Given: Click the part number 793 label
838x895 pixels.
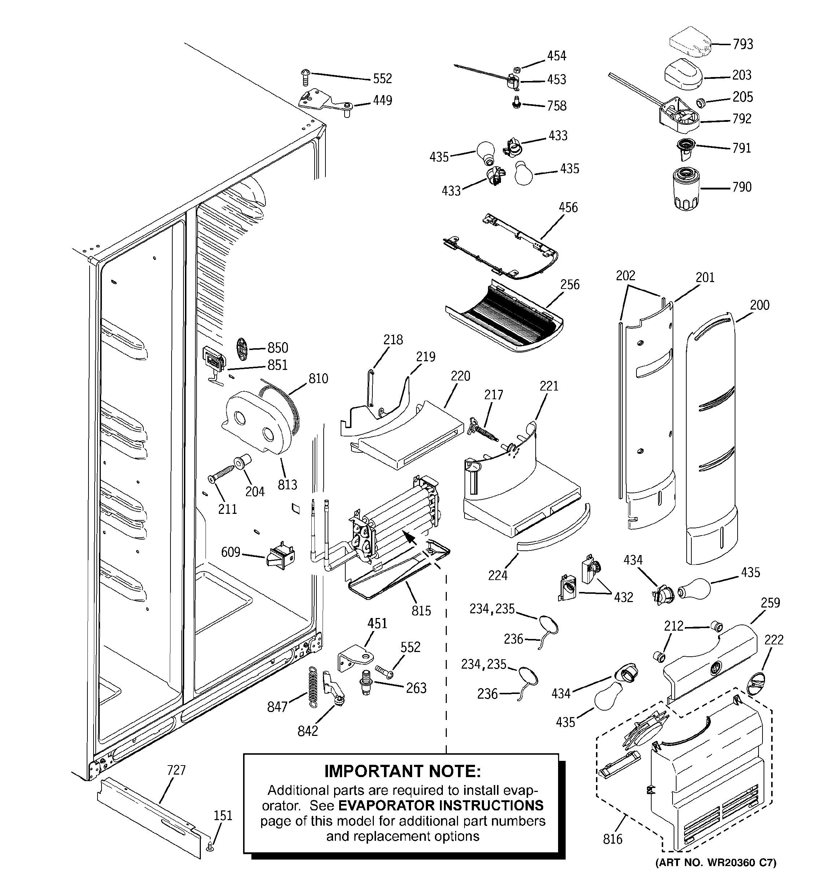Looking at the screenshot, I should pyautogui.click(x=743, y=44).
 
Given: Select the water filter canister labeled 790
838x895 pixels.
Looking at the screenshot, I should pyautogui.click(x=686, y=188).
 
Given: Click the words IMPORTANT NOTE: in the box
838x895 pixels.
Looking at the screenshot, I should pyautogui.click(x=403, y=771).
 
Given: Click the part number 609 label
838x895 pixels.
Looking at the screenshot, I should pyautogui.click(x=231, y=552).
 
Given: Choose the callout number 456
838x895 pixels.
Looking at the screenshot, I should pyautogui.click(x=568, y=208).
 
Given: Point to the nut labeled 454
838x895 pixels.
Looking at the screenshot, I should pyautogui.click(x=517, y=69).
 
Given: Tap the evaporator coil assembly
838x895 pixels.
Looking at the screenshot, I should pyautogui.click(x=396, y=518).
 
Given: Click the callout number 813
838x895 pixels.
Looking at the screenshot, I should pyautogui.click(x=288, y=485).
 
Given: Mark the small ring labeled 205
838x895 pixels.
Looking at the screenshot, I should pyautogui.click(x=700, y=103).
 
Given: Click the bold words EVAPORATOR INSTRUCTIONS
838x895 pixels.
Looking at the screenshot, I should pyautogui.click(x=441, y=805).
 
